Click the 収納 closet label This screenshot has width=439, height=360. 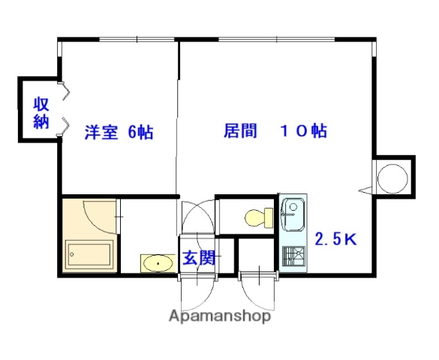41,112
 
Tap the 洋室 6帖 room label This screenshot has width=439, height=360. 119,133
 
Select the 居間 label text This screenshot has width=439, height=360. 240,130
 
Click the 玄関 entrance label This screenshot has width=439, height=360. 200,259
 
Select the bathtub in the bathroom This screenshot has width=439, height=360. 89,256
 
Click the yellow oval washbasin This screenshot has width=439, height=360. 155,263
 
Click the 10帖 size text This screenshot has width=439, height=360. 304,130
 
